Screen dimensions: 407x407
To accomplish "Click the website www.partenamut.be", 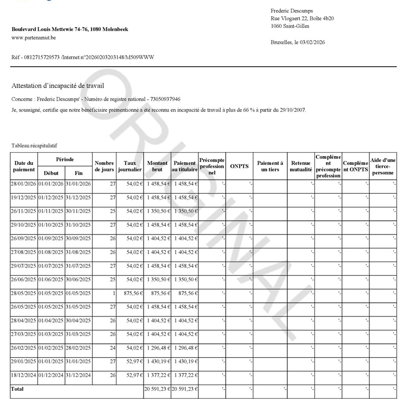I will (x=34, y=37).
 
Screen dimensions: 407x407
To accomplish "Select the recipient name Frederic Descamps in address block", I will (x=292, y=11).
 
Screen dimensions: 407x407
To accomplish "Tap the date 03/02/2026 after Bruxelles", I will (x=311, y=43).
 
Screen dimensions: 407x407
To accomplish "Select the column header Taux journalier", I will (x=130, y=166).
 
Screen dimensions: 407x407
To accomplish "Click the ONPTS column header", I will (x=239, y=166).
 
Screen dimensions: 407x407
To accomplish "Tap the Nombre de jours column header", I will (x=104, y=166).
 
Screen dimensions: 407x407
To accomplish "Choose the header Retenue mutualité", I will (x=301, y=166).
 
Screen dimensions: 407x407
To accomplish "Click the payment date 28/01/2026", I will (x=23, y=184).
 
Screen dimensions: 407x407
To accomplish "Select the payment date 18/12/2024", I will (x=23, y=375).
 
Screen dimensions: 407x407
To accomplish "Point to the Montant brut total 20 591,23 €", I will (x=156, y=389).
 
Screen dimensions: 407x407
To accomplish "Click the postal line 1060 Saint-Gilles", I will (x=290, y=26).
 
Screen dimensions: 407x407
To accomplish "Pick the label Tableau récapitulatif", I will (x=35, y=146).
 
